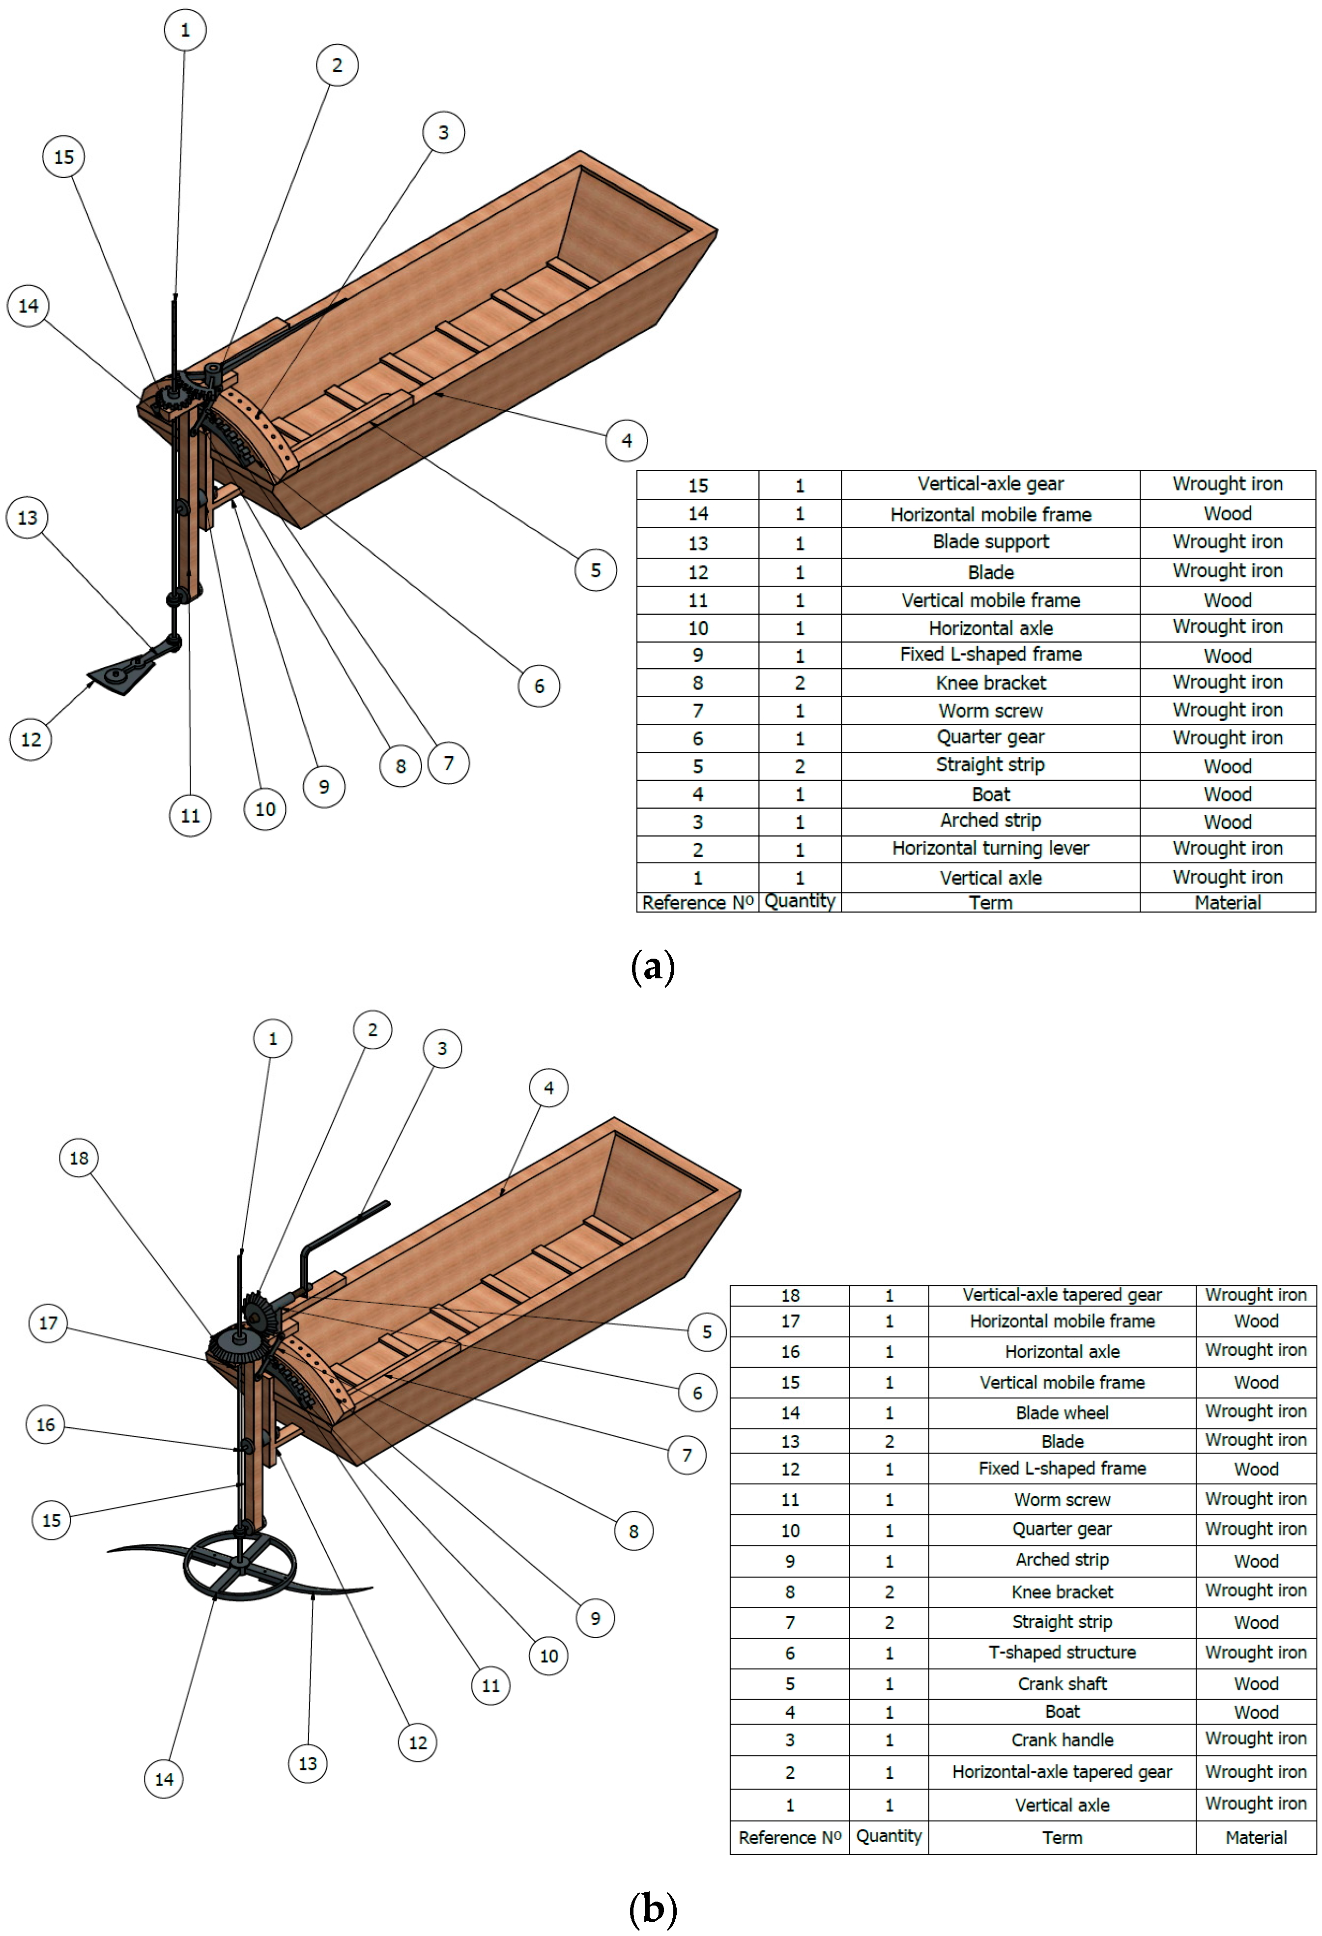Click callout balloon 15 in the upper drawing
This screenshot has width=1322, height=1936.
tap(64, 157)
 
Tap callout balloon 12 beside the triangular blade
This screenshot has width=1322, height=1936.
tap(31, 739)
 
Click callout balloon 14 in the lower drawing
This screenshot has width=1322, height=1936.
tap(164, 1779)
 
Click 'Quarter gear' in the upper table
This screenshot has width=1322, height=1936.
tap(990, 737)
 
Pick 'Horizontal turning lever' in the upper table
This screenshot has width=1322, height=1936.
tap(990, 848)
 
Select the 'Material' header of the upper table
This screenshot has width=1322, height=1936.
tap(1227, 902)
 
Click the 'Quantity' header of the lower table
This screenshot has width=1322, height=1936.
tap(889, 1836)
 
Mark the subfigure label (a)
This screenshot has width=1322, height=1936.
tap(653, 967)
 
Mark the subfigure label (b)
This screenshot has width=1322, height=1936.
tap(653, 1908)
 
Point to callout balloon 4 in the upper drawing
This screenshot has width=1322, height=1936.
tap(627, 440)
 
